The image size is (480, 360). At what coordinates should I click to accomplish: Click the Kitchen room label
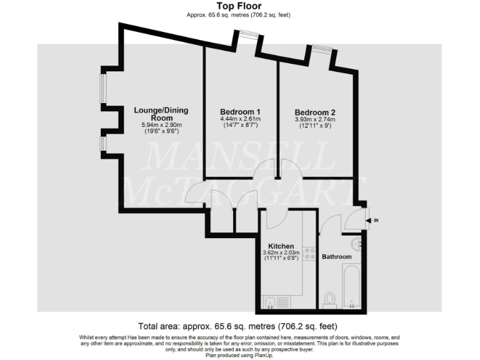[281, 246]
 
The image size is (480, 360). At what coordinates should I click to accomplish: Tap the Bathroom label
[336, 257]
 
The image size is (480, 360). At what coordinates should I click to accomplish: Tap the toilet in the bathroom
[330, 299]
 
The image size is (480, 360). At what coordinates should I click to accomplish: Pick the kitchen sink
[269, 303]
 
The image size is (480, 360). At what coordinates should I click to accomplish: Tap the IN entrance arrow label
[375, 220]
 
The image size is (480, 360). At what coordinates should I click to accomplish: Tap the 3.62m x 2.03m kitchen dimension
[281, 254]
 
